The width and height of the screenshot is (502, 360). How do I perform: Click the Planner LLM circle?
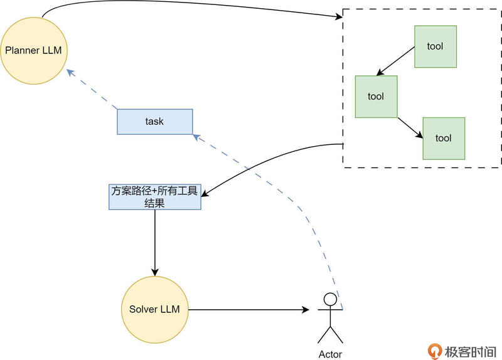point(33,50)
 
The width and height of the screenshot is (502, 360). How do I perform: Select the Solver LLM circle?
point(154,309)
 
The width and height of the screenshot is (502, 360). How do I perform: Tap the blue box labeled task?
point(154,121)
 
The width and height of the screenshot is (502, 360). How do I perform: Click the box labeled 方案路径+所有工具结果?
point(154,197)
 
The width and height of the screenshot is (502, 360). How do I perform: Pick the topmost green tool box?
point(435,46)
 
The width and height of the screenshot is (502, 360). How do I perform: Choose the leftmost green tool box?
point(376,97)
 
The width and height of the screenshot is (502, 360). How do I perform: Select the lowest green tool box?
point(444,138)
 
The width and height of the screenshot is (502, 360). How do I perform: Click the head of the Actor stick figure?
point(330,299)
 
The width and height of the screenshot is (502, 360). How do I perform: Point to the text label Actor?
point(329,354)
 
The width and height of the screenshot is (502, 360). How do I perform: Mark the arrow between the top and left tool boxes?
point(395,61)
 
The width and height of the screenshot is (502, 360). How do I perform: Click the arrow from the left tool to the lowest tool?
point(410,125)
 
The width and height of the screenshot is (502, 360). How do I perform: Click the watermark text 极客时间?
point(471,351)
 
